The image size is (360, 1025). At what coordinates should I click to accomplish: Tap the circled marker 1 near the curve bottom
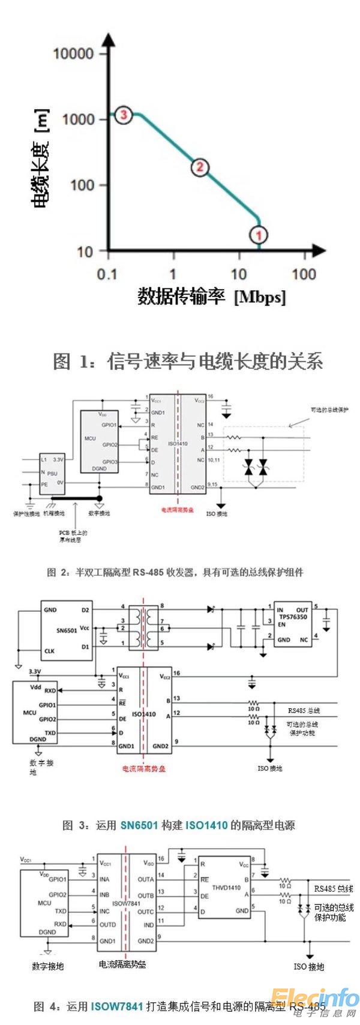point(259,235)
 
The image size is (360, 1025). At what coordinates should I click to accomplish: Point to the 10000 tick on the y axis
point(73,54)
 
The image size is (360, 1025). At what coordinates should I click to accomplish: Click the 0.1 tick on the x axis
point(107,274)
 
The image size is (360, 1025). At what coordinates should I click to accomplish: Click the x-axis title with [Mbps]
point(212,296)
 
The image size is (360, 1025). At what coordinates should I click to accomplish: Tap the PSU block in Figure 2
point(52,472)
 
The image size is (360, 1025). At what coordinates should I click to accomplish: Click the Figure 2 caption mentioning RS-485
point(175,572)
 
